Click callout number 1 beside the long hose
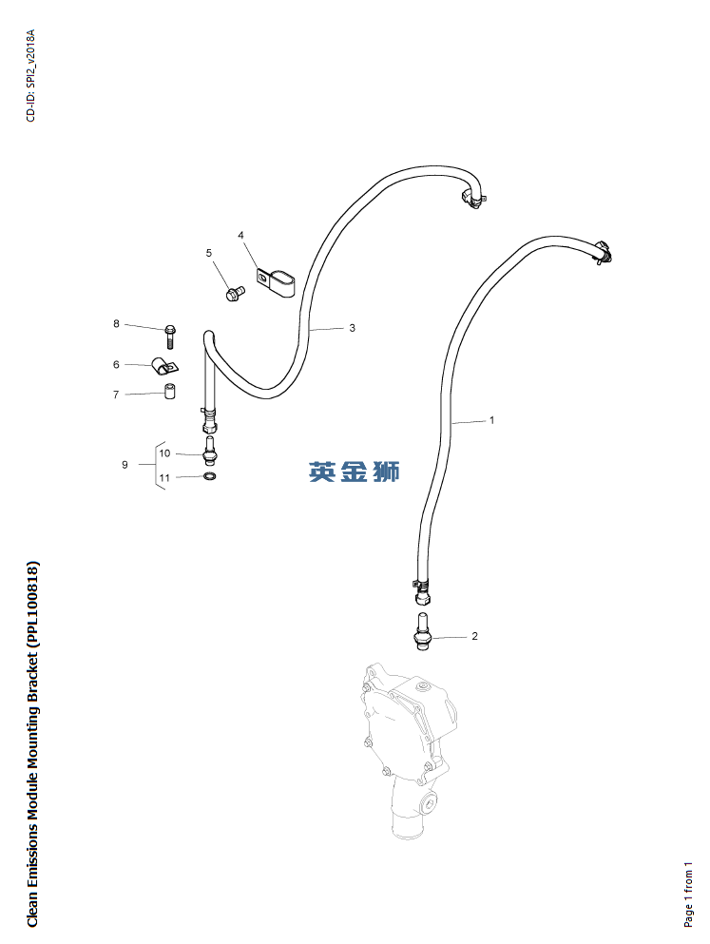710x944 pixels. [491, 420]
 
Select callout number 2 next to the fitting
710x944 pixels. [474, 636]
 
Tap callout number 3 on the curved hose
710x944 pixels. [353, 328]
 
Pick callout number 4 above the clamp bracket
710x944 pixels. [240, 235]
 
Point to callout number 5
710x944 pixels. [209, 253]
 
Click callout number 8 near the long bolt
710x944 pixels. [116, 324]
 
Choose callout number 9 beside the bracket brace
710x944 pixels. [125, 465]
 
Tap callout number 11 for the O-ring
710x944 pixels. [164, 478]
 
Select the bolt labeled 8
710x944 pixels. [170, 337]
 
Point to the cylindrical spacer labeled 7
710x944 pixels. [170, 391]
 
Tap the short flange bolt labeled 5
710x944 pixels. [234, 293]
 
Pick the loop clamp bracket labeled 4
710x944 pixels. [277, 281]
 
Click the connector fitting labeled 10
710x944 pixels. [210, 452]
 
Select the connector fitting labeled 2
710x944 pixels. [422, 631]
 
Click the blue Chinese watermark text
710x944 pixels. [355, 472]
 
